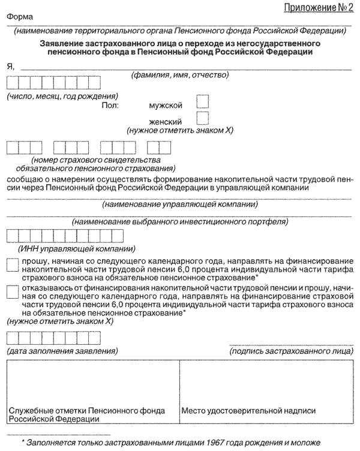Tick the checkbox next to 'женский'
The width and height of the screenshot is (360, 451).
[x=203, y=118]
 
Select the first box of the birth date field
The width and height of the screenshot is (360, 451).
[x=13, y=84]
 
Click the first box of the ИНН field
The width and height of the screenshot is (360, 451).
[x=13, y=236]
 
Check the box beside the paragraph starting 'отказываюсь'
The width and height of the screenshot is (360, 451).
[x=12, y=291]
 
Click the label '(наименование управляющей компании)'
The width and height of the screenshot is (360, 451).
[x=180, y=205]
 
